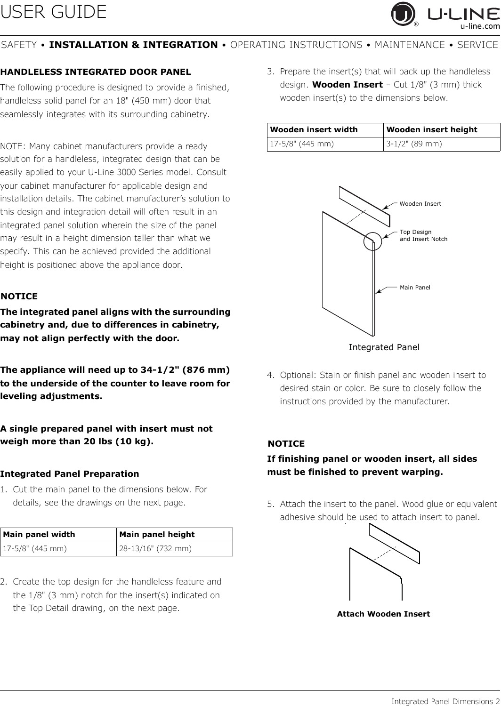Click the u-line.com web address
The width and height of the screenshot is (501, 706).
pyautogui.click(x=480, y=27)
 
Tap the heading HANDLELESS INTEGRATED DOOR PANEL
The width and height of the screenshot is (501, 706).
pyautogui.click(x=96, y=72)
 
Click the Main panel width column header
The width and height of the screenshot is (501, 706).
pyautogui.click(x=39, y=535)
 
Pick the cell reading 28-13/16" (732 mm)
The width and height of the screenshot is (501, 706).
pyautogui.click(x=155, y=548)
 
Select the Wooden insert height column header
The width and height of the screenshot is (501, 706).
pyautogui.click(x=432, y=129)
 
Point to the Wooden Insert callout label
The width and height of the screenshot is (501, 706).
pyautogui.click(x=420, y=204)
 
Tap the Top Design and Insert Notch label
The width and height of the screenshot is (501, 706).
pyautogui.click(x=423, y=236)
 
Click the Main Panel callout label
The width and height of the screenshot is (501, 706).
pyautogui.click(x=415, y=287)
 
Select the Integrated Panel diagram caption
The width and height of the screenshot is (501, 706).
pyautogui.click(x=384, y=347)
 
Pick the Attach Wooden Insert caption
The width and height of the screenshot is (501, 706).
pyautogui.click(x=383, y=614)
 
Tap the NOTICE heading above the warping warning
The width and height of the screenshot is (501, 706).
pyautogui.click(x=286, y=444)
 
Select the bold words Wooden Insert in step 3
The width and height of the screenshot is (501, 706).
pyautogui.click(x=347, y=85)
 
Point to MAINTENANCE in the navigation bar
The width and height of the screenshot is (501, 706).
pyautogui.click(x=410, y=45)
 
